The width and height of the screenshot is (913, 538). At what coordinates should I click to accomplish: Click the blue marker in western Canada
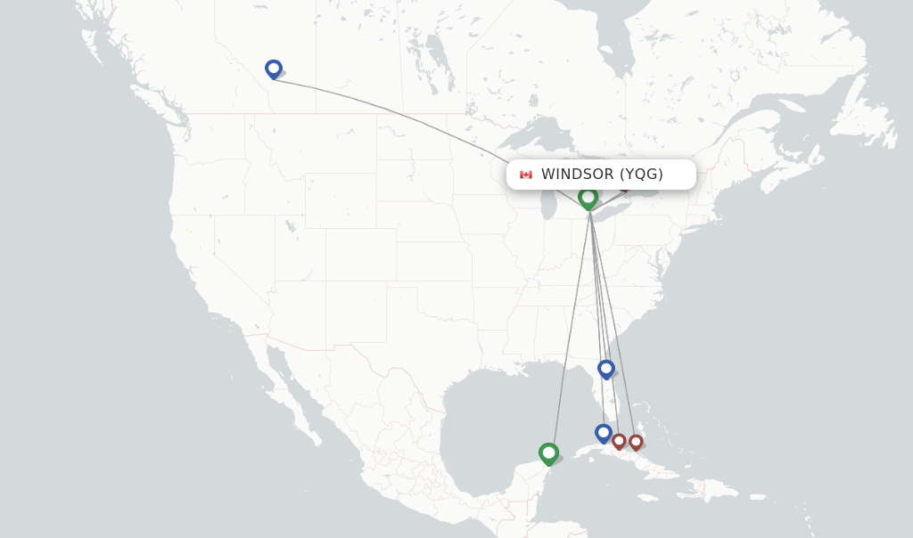click(x=273, y=69)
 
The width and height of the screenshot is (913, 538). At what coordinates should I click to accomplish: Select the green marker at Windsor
click(x=588, y=197)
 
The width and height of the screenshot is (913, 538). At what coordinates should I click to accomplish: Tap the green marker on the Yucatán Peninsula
click(x=548, y=453)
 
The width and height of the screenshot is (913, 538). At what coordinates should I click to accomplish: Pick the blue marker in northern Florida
click(x=605, y=368)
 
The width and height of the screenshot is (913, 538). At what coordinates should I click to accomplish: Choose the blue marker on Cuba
click(x=604, y=433)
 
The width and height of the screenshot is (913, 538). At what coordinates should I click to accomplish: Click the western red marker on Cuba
click(x=619, y=441)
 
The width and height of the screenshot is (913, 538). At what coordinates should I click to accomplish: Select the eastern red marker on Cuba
click(x=636, y=441)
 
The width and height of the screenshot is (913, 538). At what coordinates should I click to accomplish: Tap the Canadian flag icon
click(x=526, y=175)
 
